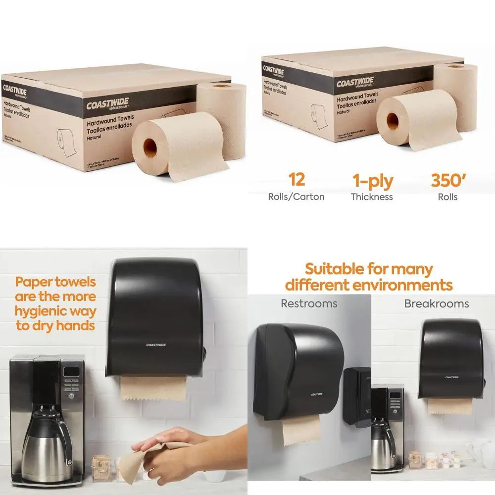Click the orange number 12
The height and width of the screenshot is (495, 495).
click(x=296, y=180)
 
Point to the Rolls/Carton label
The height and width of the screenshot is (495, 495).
click(x=296, y=197)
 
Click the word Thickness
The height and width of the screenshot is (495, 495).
click(x=372, y=197)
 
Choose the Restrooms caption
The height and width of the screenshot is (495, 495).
click(x=308, y=303)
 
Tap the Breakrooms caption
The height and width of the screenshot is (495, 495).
click(x=436, y=303)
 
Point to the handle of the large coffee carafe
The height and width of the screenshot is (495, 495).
click(x=64, y=436)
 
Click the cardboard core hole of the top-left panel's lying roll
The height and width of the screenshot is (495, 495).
click(x=149, y=146)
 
